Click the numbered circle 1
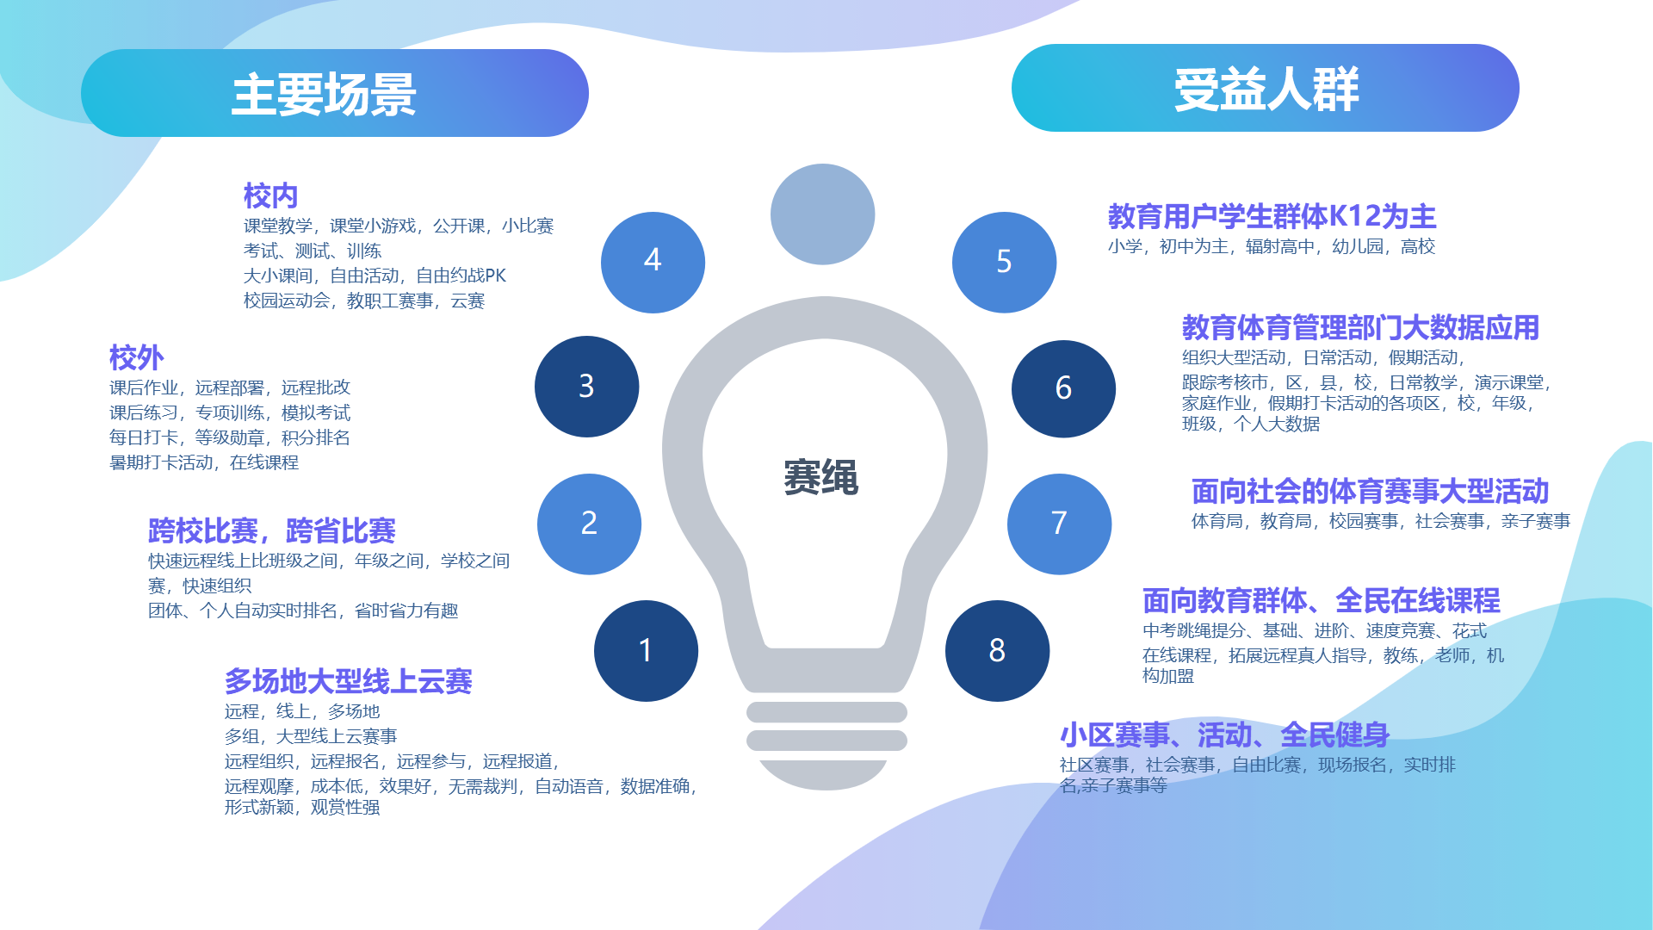(x=646, y=650)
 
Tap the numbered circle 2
(x=589, y=524)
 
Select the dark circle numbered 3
(x=586, y=387)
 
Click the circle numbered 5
(x=1004, y=262)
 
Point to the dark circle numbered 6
(x=1063, y=388)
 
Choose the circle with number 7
(x=1059, y=524)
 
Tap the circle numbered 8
(x=997, y=650)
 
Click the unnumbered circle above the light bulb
(x=822, y=214)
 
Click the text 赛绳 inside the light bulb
(x=820, y=477)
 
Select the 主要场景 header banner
(x=335, y=93)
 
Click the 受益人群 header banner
(x=1266, y=88)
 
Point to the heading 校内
(x=270, y=195)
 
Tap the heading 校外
(x=136, y=357)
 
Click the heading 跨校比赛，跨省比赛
(x=272, y=530)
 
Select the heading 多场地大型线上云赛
(x=349, y=681)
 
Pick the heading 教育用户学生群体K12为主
(x=1272, y=216)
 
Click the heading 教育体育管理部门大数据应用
(x=1361, y=327)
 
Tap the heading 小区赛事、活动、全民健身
(x=1224, y=735)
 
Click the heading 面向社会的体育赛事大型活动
(x=1371, y=491)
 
